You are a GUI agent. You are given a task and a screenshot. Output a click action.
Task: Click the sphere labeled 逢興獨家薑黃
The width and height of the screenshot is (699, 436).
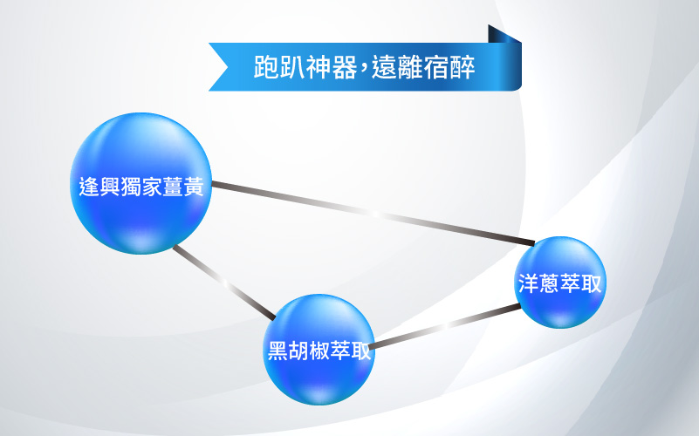[140, 183]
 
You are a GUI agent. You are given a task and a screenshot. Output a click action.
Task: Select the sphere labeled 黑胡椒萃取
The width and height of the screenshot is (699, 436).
[319, 349]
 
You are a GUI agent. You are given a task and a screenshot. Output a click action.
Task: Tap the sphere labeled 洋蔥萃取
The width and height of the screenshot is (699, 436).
[560, 283]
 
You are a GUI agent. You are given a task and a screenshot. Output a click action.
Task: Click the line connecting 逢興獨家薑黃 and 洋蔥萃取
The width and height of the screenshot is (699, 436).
[373, 214]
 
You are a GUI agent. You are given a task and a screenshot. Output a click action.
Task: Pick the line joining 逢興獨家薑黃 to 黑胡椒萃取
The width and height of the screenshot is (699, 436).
[224, 283]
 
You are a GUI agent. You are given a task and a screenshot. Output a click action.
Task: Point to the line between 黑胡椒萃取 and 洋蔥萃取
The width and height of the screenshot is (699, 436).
[444, 326]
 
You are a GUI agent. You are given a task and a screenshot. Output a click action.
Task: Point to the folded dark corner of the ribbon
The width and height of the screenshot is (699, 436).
[504, 35]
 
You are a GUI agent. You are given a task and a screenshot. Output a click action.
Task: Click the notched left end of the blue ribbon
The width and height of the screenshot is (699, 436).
[219, 67]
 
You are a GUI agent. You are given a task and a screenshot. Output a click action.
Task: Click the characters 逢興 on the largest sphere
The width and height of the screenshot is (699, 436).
[99, 187]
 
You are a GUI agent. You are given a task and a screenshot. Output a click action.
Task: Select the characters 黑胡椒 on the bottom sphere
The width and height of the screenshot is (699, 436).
[298, 350]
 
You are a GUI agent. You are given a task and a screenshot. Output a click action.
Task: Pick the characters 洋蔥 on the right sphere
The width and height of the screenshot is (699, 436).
[538, 283]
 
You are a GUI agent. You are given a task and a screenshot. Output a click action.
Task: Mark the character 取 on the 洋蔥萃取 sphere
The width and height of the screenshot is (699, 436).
[591, 283]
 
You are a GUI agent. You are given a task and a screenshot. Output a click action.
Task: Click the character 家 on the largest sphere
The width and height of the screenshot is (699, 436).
[152, 187]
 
